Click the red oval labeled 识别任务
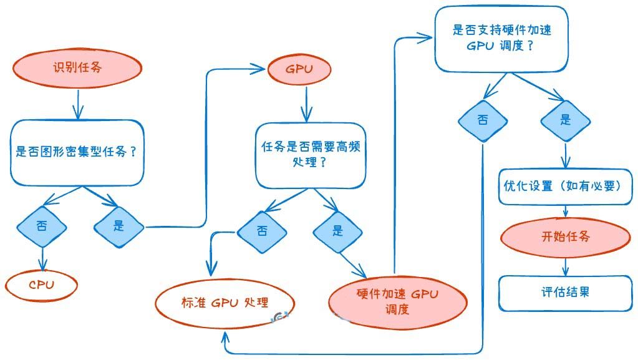77,67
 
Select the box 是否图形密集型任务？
77,152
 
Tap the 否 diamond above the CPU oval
42,226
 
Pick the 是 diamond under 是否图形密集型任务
118,226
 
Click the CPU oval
42,285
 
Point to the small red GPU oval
299,69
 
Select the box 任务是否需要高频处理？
310,155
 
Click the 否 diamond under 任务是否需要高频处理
262,231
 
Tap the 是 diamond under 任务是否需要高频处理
337,231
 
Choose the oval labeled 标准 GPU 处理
225,303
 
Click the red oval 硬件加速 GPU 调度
397,301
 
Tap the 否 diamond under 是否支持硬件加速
483,120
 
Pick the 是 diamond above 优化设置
565,120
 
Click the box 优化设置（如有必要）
565,186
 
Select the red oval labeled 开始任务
565,236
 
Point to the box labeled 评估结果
565,291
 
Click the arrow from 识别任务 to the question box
77,103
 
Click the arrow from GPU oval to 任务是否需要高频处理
305,104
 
